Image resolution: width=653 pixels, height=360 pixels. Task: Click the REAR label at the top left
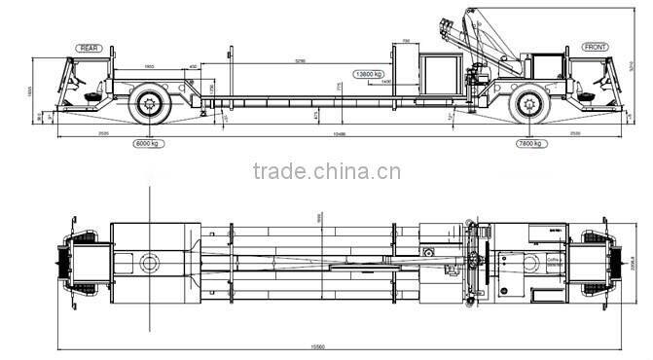(91, 48)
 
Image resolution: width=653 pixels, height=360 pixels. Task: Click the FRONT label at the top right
(595, 48)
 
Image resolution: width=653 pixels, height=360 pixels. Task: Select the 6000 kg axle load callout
(147, 143)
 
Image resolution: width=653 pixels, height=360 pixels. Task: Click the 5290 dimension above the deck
(301, 60)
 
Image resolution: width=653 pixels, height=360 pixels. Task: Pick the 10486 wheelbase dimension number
(339, 133)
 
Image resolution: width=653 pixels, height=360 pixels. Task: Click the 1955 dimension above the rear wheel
(149, 66)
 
